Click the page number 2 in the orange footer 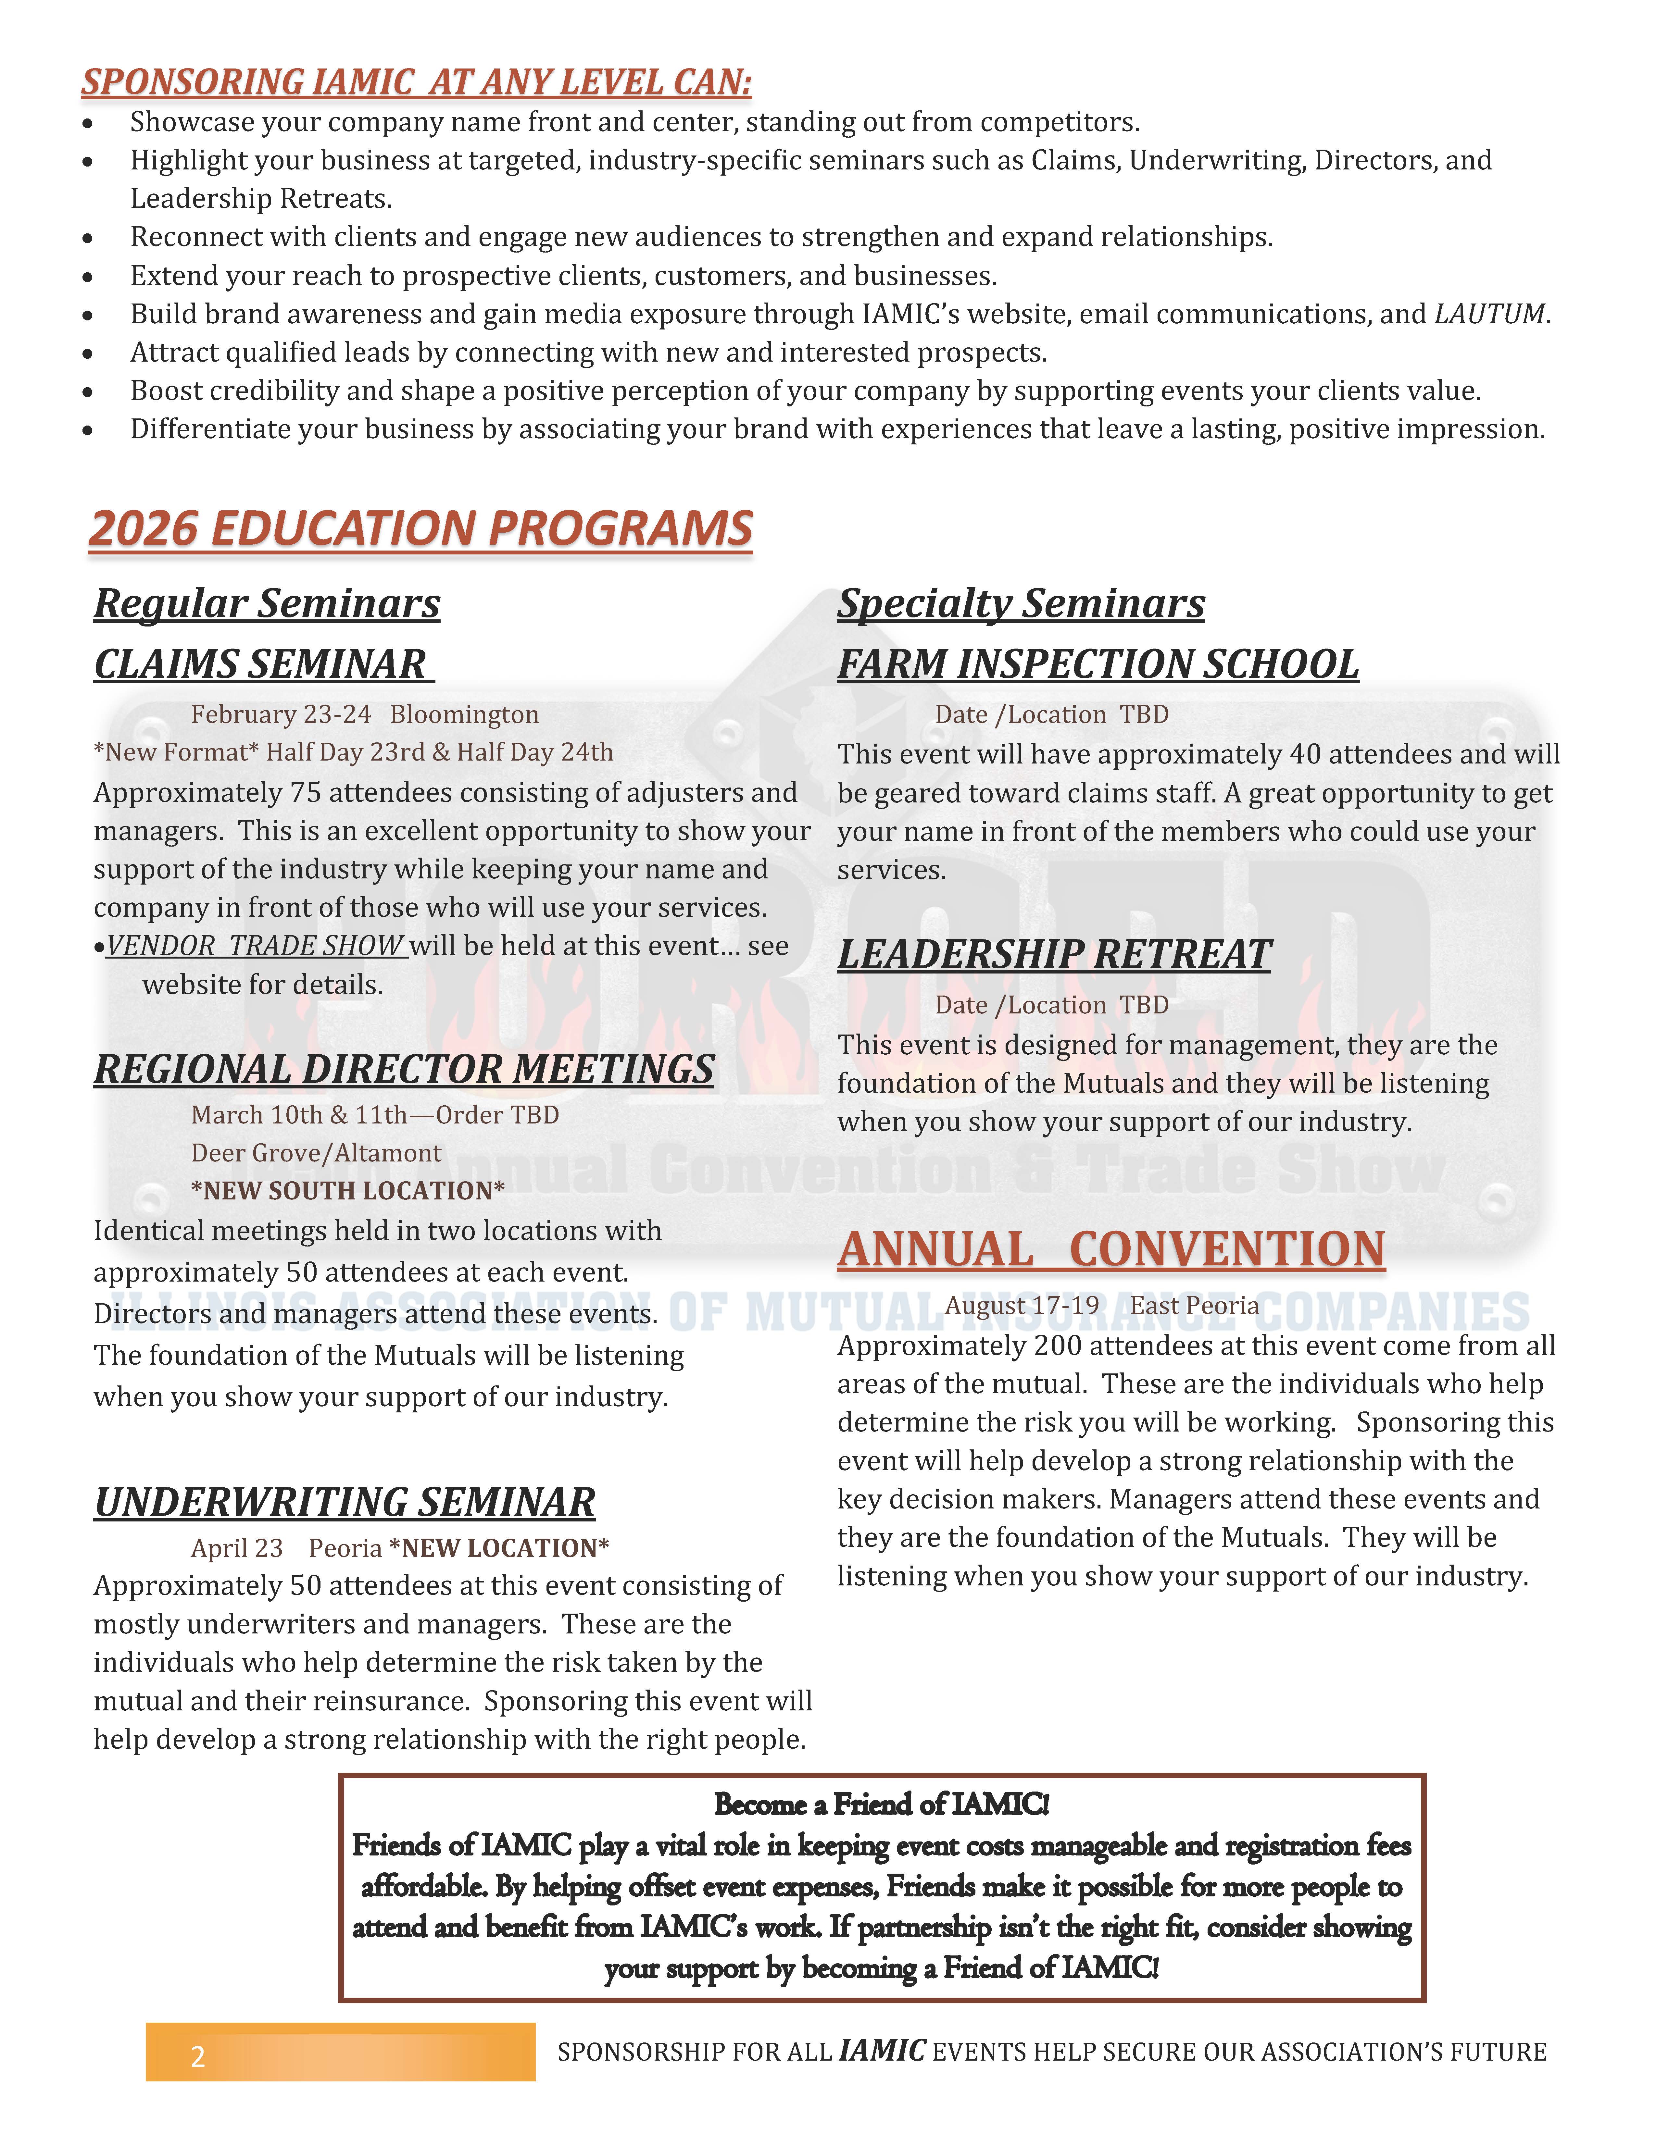[197, 2056]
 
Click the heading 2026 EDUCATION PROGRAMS [420, 529]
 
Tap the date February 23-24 [281, 714]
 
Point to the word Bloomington [464, 714]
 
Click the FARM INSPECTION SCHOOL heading [1098, 664]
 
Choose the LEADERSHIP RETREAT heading [1054, 954]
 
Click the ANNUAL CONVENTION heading [1110, 1250]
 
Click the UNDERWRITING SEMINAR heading [344, 1502]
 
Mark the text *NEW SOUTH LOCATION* [348, 1191]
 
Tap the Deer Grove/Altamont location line [317, 1153]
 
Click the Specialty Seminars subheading [1020, 603]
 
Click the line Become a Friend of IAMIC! [882, 1804]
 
